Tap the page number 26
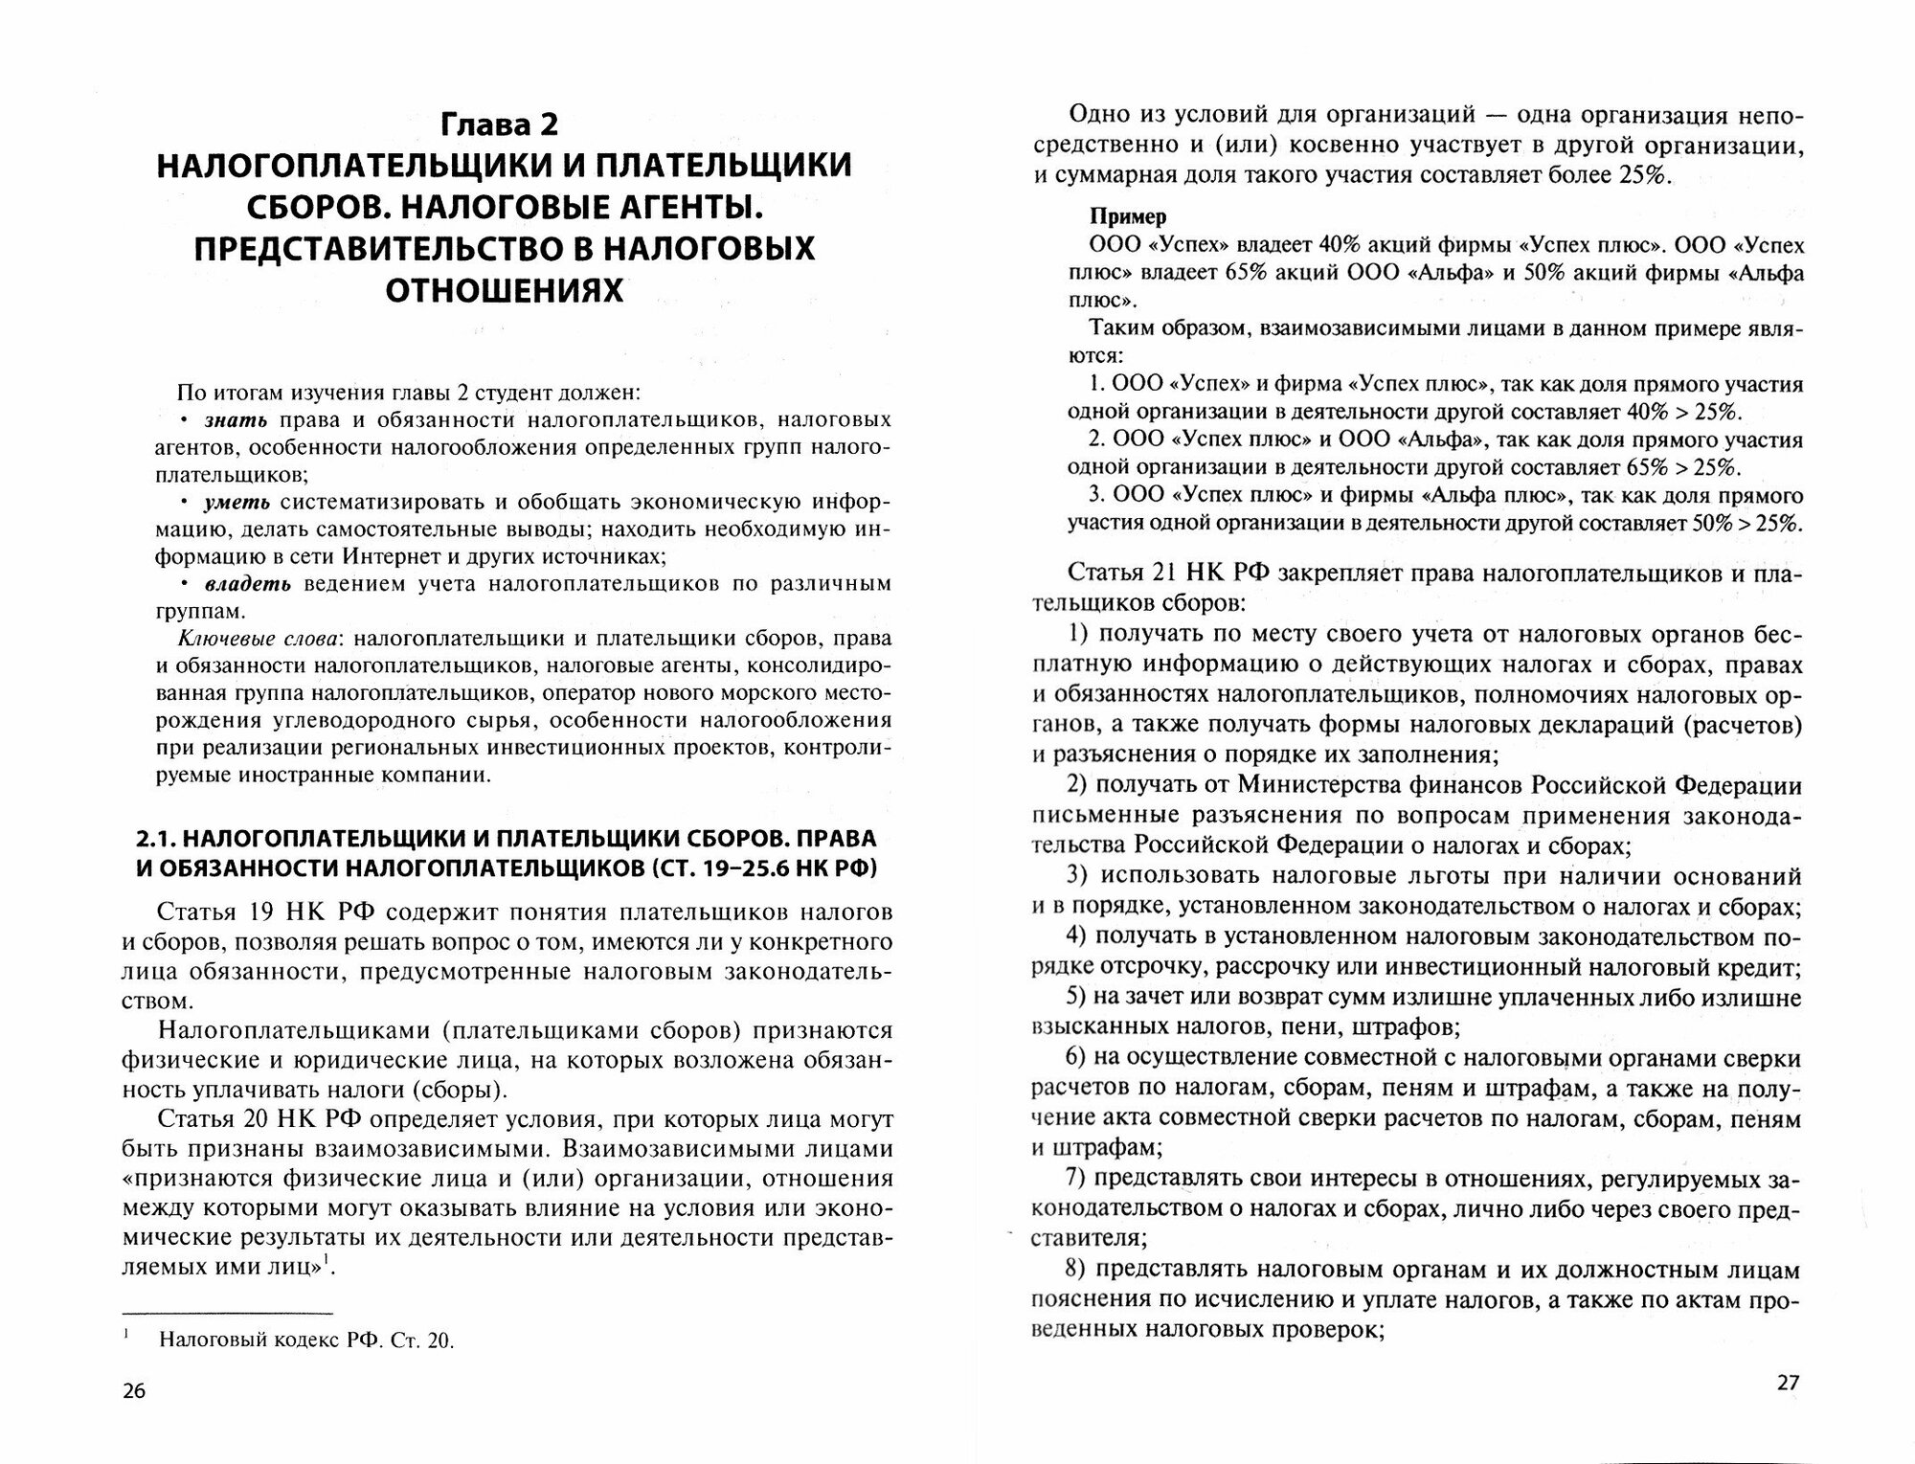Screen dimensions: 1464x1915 134,1418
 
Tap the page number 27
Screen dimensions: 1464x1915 1788,1408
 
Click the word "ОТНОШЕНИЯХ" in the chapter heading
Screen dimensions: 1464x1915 504,289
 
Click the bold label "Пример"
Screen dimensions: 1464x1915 1127,216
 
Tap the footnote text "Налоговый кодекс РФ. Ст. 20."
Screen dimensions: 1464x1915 306,1340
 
